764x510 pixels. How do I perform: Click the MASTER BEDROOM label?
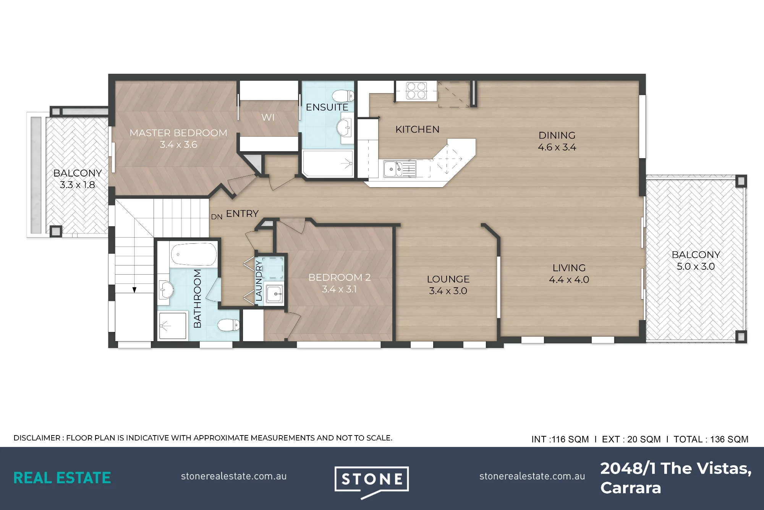pos(178,133)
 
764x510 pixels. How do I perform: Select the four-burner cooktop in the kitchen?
pos(416,91)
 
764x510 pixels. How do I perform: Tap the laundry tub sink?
pos(275,294)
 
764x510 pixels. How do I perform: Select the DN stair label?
pos(217,217)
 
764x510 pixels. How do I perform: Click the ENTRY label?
pos(242,214)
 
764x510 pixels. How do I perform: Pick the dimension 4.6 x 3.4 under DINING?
pos(557,147)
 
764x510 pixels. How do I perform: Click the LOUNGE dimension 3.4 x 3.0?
pos(448,291)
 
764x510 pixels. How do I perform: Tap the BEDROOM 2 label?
pos(340,277)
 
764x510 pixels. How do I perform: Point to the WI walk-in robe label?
pos(268,117)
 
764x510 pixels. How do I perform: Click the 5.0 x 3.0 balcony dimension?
pos(696,266)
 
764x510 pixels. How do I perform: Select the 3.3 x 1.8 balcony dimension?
pos(77,185)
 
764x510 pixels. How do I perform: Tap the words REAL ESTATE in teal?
pos(62,478)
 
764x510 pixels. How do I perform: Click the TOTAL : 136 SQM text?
pos(711,439)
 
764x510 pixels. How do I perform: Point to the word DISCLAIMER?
pos(37,438)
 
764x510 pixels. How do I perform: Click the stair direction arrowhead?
pos(134,290)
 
